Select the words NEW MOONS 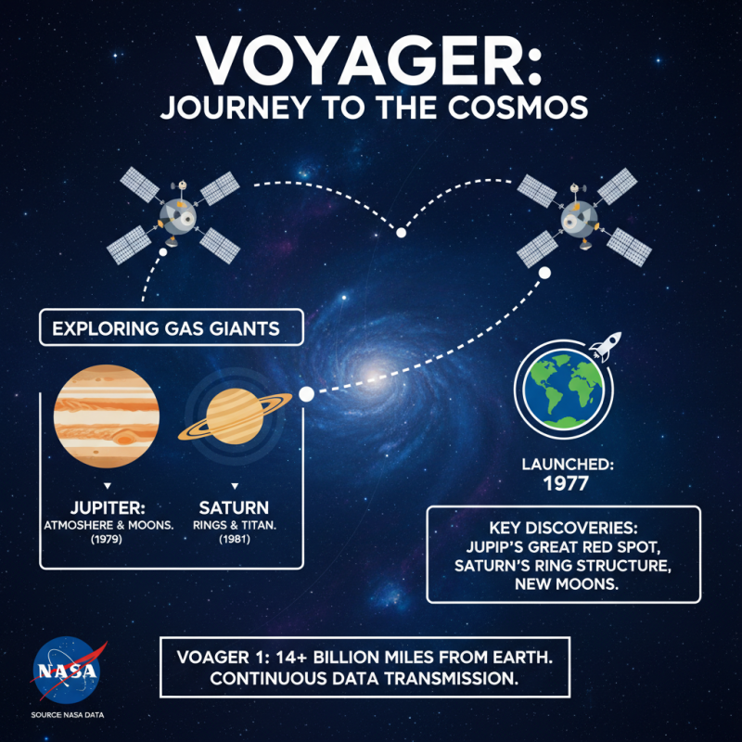(563, 586)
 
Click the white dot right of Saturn (306, 394)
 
